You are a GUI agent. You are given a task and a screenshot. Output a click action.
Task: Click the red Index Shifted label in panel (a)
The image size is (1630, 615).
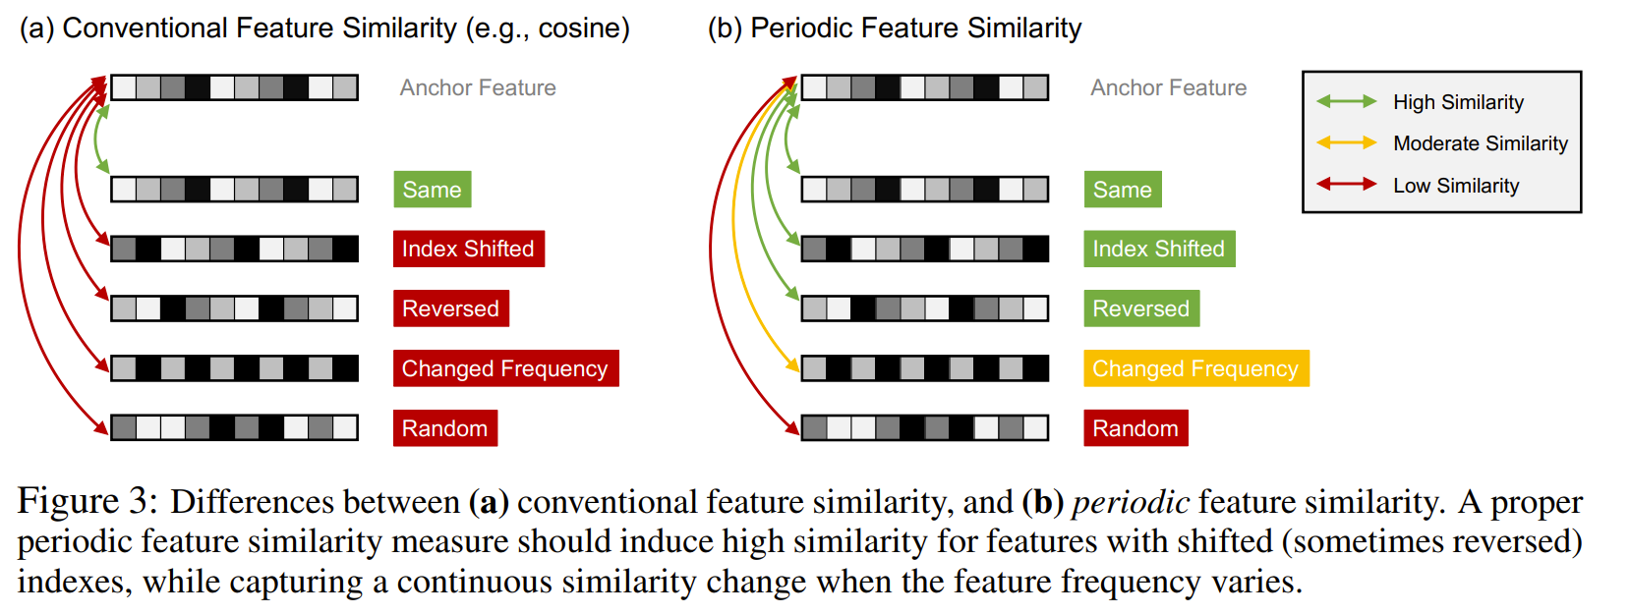click(x=468, y=249)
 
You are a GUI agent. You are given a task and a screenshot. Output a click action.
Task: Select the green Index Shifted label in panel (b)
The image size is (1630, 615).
click(x=1159, y=249)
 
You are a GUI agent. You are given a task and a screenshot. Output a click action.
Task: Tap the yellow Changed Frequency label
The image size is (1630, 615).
click(x=1195, y=368)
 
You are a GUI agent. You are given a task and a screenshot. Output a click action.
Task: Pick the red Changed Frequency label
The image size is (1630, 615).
click(x=505, y=368)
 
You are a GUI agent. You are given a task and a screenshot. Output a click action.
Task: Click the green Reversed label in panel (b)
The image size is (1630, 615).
click(x=1140, y=308)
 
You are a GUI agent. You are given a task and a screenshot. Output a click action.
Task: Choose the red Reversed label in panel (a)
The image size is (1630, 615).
click(x=450, y=308)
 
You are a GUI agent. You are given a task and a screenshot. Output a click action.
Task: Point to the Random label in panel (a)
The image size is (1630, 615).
click(x=444, y=428)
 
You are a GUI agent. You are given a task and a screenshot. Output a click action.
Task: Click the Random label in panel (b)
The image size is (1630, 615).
click(x=1135, y=428)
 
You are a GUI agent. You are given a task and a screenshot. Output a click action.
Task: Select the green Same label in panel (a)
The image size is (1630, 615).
click(x=432, y=190)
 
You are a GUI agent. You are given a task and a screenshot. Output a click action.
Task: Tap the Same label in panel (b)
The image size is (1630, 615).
click(x=1122, y=190)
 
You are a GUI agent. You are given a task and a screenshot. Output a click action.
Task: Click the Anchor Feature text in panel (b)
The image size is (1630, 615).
click(x=1168, y=88)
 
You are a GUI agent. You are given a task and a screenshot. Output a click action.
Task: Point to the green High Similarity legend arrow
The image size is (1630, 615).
click(x=1346, y=101)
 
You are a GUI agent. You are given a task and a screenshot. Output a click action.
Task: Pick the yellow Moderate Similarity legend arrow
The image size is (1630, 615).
click(x=1346, y=143)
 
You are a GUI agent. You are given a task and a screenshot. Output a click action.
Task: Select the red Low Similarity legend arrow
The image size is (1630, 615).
click(x=1346, y=185)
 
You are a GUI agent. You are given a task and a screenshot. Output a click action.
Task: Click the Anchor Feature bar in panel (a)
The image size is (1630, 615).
click(x=234, y=87)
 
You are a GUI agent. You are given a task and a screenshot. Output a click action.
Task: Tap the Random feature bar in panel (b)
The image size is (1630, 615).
click(x=925, y=427)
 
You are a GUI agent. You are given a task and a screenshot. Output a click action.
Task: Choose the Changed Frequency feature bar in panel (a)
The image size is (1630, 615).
click(x=234, y=368)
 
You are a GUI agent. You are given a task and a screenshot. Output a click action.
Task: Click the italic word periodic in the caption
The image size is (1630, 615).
click(x=1130, y=502)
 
